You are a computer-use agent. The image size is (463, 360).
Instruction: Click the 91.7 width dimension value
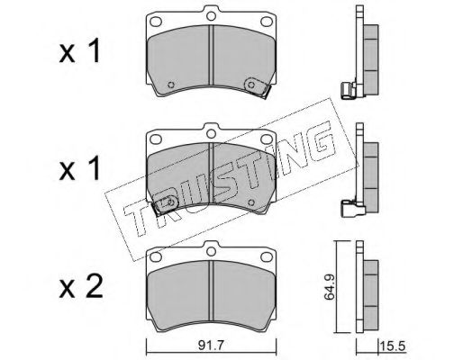click(211, 346)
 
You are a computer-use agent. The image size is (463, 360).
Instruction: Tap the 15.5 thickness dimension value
click(393, 346)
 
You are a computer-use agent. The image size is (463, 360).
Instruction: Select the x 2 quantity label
click(81, 286)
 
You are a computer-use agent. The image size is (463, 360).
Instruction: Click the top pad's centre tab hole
click(212, 15)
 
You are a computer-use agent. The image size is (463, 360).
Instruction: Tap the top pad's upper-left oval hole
click(156, 22)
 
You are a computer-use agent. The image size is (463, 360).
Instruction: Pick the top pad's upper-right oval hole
click(266, 22)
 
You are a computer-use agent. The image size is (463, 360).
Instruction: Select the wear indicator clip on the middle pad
click(165, 205)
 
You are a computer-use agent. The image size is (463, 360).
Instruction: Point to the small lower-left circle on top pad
click(171, 85)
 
